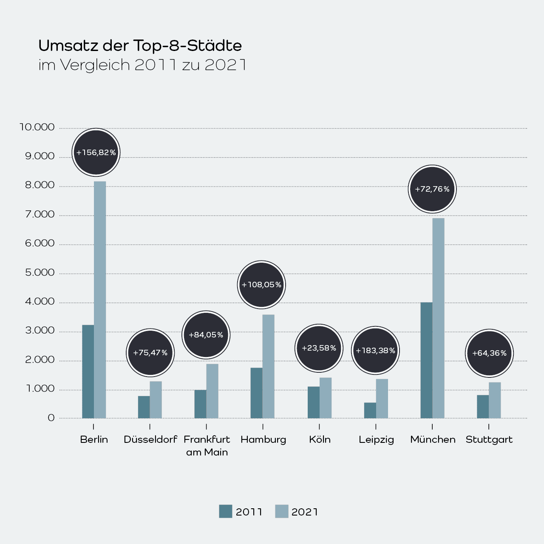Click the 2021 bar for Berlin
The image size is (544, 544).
(100, 300)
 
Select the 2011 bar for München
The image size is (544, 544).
(426, 360)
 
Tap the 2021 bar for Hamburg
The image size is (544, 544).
(268, 366)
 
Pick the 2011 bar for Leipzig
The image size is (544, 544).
(370, 411)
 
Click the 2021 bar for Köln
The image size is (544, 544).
(326, 398)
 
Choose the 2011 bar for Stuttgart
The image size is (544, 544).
(483, 407)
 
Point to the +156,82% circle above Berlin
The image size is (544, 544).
(96, 152)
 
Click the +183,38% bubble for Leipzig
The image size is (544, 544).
(376, 351)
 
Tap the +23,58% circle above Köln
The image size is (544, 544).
(319, 348)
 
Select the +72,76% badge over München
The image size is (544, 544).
(432, 189)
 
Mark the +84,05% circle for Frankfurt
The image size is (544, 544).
(206, 335)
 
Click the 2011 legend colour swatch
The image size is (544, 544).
(226, 511)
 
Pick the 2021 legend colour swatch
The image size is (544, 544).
(281, 511)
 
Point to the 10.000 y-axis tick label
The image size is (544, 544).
(37, 127)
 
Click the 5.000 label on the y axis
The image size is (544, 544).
(40, 272)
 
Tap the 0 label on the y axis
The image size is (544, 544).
(51, 418)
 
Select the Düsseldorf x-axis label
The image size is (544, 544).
(150, 439)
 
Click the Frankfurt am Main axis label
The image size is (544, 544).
(207, 445)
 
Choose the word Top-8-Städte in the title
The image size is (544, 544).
(187, 45)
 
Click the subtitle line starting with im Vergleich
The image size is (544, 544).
(142, 65)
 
